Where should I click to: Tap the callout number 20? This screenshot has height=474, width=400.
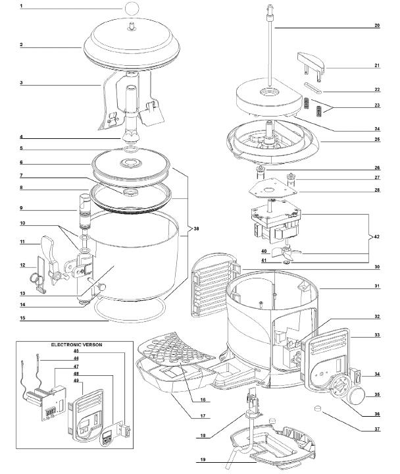[x=377, y=26]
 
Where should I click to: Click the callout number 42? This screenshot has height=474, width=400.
[x=377, y=236]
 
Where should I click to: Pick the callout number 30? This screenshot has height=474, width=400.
[x=377, y=267]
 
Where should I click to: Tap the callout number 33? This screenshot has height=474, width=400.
[x=377, y=335]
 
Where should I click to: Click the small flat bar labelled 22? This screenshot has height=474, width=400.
[x=314, y=88]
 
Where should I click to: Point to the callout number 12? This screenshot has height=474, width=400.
[x=22, y=266]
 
